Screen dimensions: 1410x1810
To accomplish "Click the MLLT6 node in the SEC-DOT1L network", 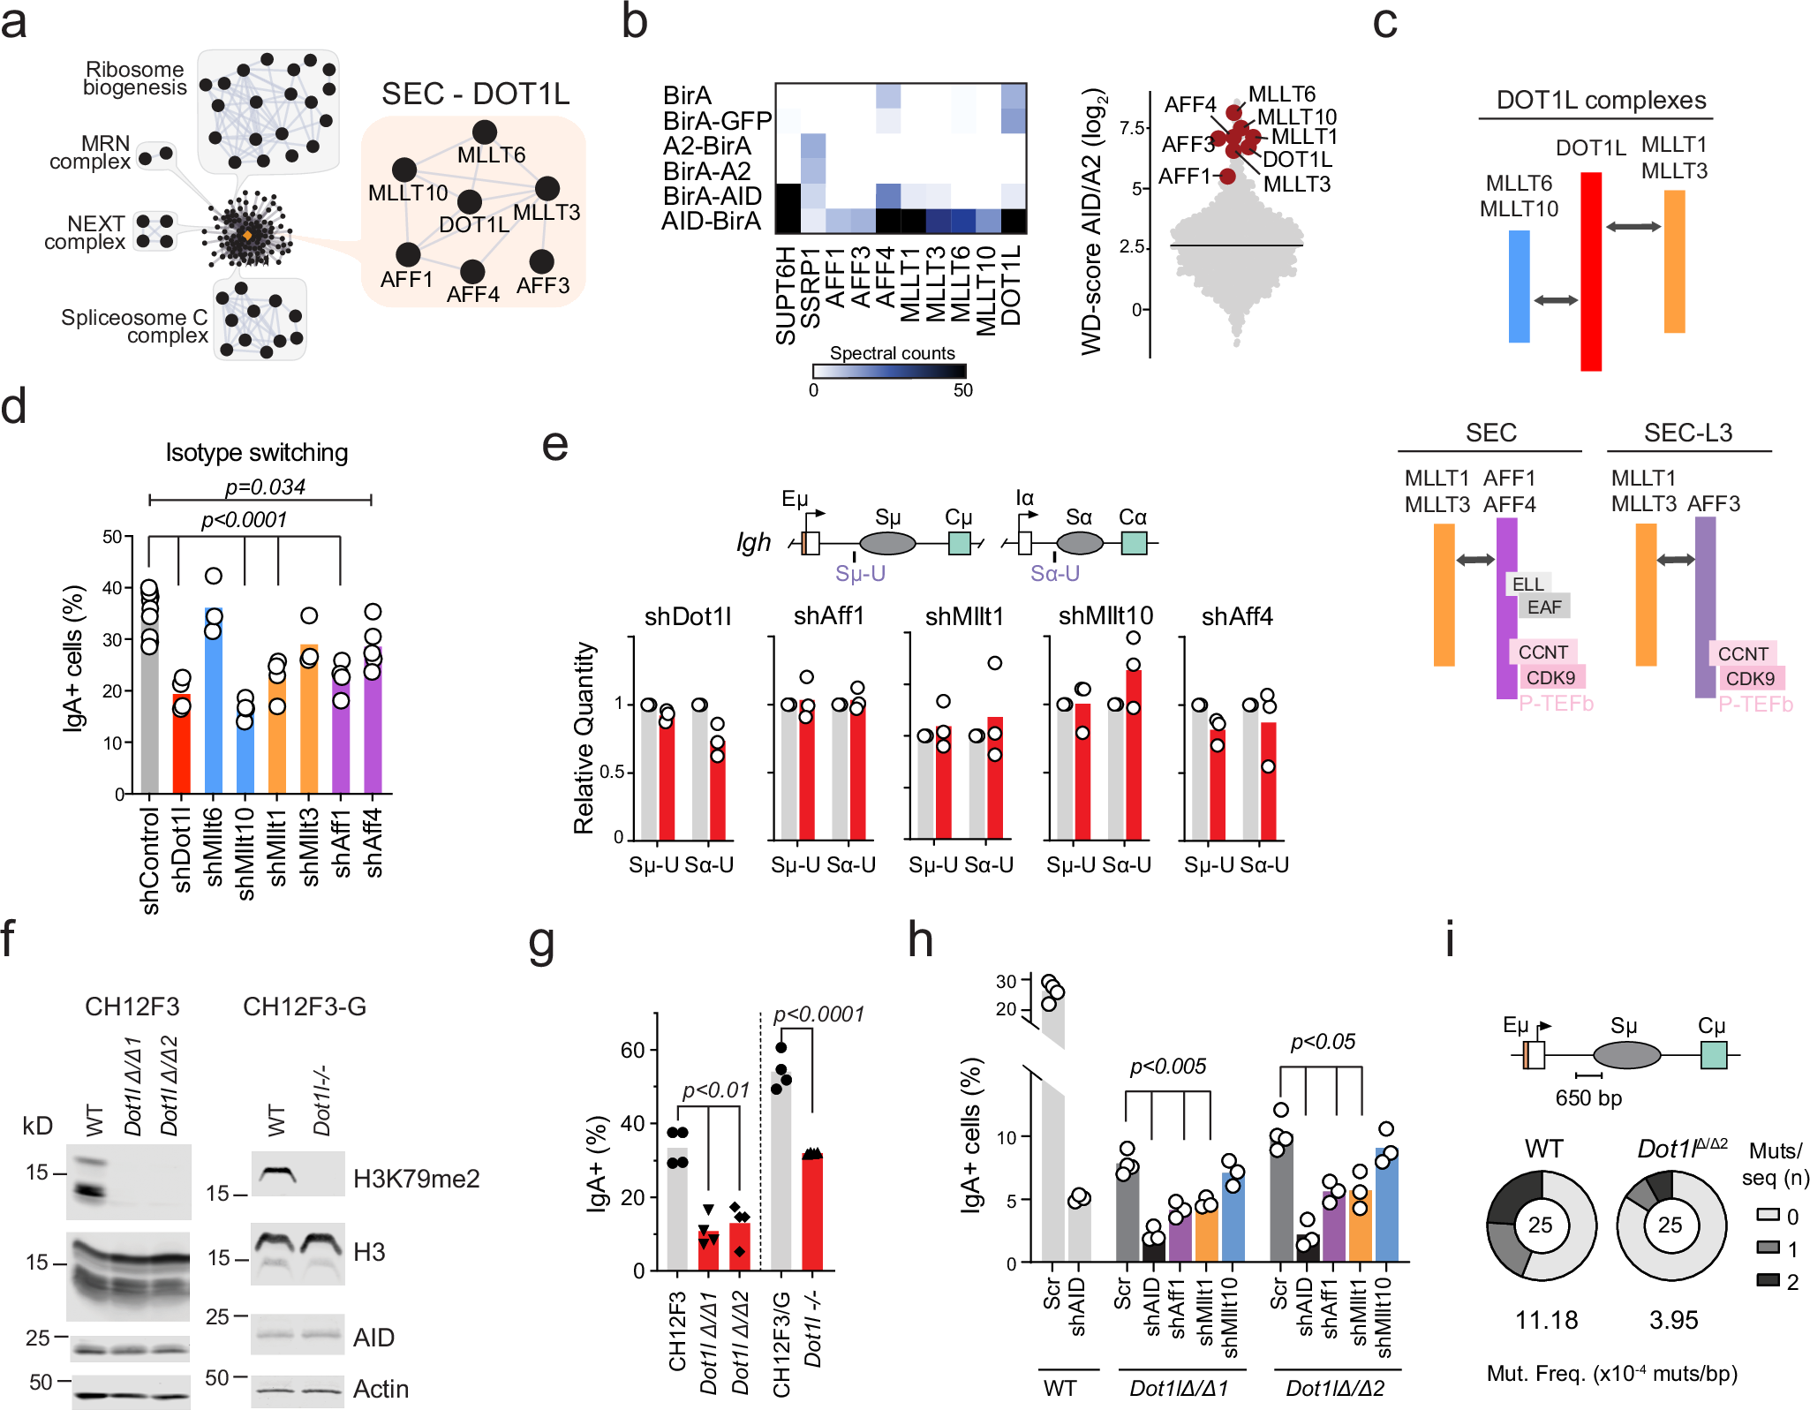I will point(484,132).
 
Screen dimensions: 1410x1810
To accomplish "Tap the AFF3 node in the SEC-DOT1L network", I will point(541,261).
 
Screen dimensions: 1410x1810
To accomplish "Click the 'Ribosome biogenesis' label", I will point(134,78).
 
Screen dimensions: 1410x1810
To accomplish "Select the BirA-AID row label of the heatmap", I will point(712,195).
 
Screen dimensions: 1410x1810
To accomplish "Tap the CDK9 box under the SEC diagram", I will point(1550,677).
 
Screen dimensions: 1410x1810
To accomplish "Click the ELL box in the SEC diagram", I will point(1527,584).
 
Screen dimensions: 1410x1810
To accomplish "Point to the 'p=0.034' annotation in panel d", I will point(264,486).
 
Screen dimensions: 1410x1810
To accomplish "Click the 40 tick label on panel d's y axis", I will point(112,588).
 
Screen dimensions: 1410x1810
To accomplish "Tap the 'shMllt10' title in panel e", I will point(1105,615).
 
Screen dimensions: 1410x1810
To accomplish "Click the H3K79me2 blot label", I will point(416,1179).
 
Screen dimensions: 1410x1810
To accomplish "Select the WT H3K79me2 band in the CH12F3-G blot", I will point(275,1174).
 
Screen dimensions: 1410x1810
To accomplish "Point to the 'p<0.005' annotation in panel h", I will point(1167,1067).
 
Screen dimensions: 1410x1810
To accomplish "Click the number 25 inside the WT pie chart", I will point(1540,1225).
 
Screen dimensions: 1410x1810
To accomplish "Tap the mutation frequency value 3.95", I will point(1673,1320).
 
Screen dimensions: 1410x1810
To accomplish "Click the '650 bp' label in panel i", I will point(1588,1097).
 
